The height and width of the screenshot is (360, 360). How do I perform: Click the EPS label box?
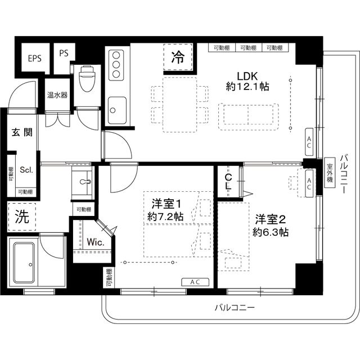[x=34, y=58]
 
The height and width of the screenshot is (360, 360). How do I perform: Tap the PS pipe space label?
[x=63, y=55]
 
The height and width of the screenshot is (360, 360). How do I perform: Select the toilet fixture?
[x=88, y=79]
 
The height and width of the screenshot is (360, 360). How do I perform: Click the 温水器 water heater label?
[x=57, y=95]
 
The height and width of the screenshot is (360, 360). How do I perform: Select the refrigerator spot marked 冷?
[x=178, y=57]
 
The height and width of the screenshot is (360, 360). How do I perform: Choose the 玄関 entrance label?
[x=21, y=133]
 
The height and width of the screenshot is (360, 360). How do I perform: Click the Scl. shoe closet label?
[x=26, y=169]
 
